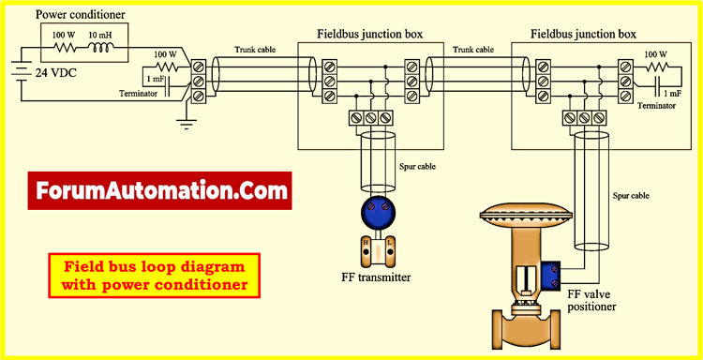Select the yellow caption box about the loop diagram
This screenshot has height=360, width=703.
154,276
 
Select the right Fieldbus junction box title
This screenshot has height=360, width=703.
583,34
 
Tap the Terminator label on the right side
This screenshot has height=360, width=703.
656,107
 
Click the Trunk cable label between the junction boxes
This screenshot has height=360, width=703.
473,50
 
